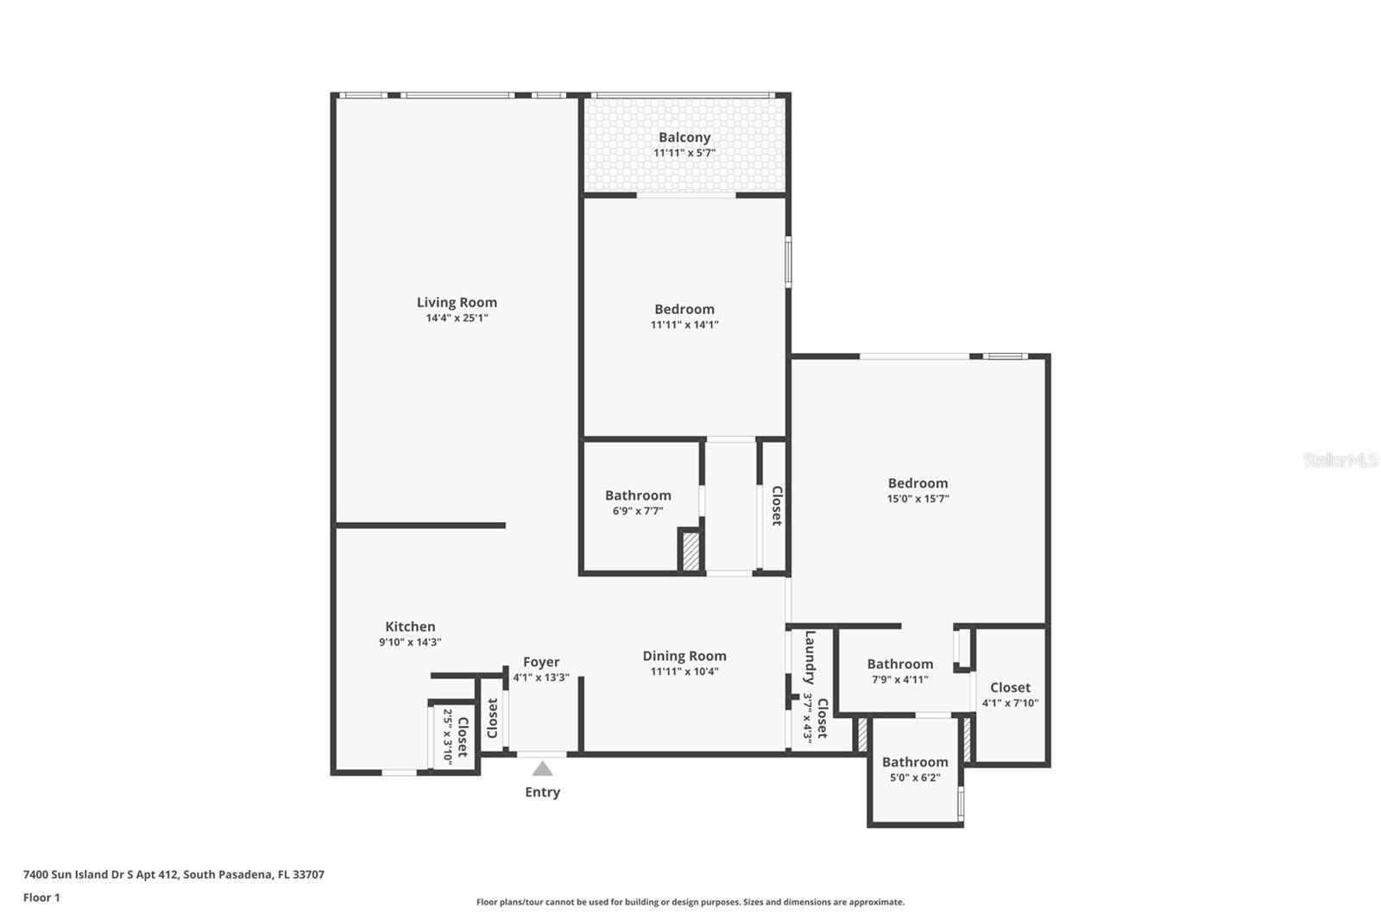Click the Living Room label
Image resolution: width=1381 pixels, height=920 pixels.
(457, 302)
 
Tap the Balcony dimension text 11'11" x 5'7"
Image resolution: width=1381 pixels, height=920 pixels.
(684, 153)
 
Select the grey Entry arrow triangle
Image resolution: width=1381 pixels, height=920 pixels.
(542, 769)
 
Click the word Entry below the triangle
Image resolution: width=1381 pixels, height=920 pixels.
(542, 792)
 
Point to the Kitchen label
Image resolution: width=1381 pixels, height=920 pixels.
(410, 627)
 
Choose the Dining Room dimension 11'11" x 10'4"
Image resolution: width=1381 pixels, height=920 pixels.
(684, 671)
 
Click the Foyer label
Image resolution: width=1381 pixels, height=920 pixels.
(541, 662)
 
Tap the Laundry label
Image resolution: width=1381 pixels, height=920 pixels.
(810, 658)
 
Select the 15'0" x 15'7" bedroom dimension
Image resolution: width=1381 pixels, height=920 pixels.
(918, 499)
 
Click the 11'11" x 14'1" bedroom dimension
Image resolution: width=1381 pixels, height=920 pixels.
(684, 325)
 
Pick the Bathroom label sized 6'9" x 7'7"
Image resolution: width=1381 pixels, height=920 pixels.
(638, 495)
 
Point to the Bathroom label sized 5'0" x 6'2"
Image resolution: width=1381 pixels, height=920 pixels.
(915, 762)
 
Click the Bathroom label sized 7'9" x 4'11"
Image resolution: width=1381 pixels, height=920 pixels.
(899, 664)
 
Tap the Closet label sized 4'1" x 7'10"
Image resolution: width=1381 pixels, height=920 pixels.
(1010, 688)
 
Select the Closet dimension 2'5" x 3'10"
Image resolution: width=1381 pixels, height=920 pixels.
(448, 736)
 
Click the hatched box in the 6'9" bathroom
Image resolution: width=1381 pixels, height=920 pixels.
(690, 551)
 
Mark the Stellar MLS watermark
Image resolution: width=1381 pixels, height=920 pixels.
(1340, 460)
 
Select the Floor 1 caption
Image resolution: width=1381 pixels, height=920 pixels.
(41, 898)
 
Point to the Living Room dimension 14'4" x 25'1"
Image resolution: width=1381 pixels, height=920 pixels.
(457, 318)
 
